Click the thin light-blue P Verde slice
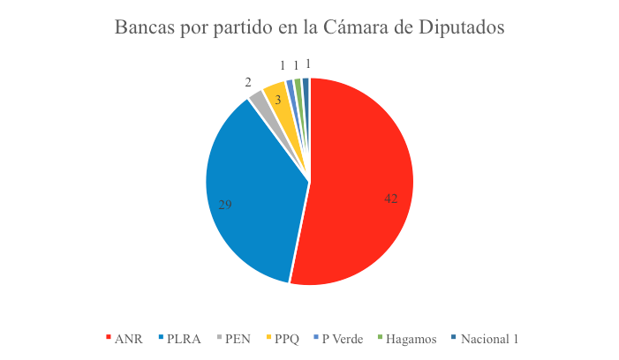(x=290, y=85)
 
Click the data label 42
(x=391, y=199)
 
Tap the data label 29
(x=225, y=204)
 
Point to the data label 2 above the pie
(x=248, y=82)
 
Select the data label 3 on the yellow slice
(x=277, y=101)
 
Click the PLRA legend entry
(x=182, y=339)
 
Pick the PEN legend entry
(x=237, y=339)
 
